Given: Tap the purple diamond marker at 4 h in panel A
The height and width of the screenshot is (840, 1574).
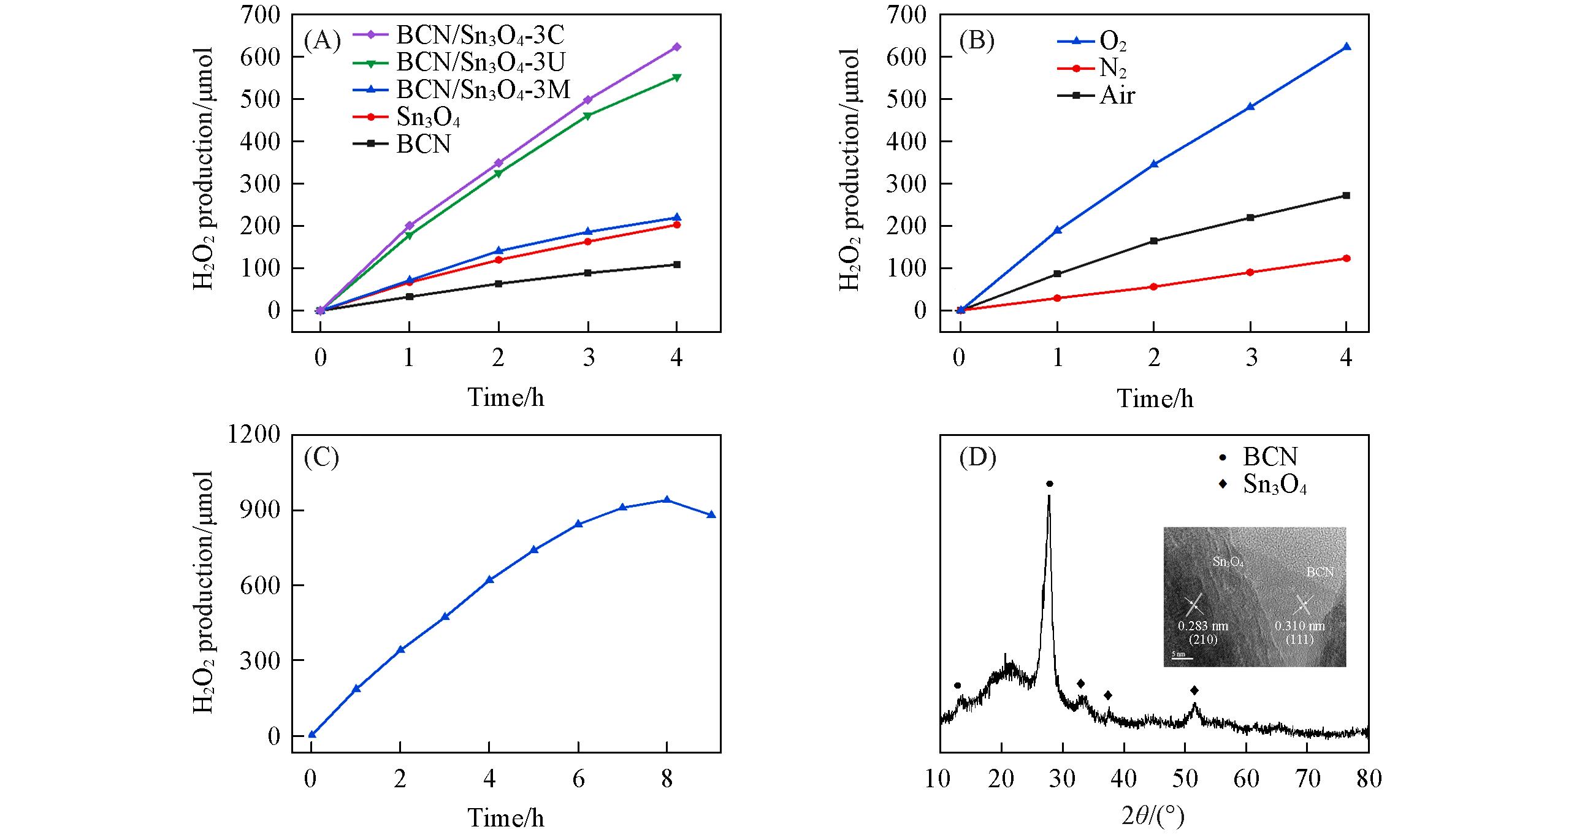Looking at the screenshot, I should pos(677,47).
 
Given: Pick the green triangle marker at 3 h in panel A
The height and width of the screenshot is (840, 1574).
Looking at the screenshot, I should pos(588,116).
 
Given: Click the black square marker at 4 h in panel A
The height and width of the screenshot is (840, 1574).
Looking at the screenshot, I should pos(677,265).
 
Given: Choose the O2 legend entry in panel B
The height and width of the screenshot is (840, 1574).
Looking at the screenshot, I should pos(1113,42).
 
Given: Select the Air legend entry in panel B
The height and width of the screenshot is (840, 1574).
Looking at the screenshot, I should pos(1117,96).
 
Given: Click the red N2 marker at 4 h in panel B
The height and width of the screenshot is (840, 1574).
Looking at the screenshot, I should pos(1347,259).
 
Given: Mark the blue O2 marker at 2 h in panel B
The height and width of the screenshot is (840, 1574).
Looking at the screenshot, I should pos(1154,164).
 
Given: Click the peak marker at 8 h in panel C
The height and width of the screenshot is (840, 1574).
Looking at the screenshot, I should pos(667,500).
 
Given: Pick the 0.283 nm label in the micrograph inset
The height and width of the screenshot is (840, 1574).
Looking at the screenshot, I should pos(1203,627).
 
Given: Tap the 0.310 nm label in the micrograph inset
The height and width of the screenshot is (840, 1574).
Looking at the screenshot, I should pos(1300,627).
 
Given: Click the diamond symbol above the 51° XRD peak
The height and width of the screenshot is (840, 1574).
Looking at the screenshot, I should pos(1194,690).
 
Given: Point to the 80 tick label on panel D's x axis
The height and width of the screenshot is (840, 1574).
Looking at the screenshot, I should pos(1369,779).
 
